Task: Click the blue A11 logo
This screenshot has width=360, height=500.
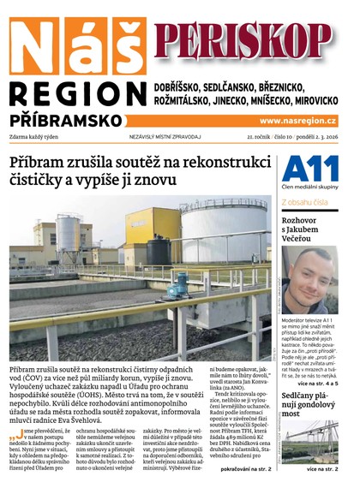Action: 304,169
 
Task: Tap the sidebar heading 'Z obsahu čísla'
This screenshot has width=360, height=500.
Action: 306,203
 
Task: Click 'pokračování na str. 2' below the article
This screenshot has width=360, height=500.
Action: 245,469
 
